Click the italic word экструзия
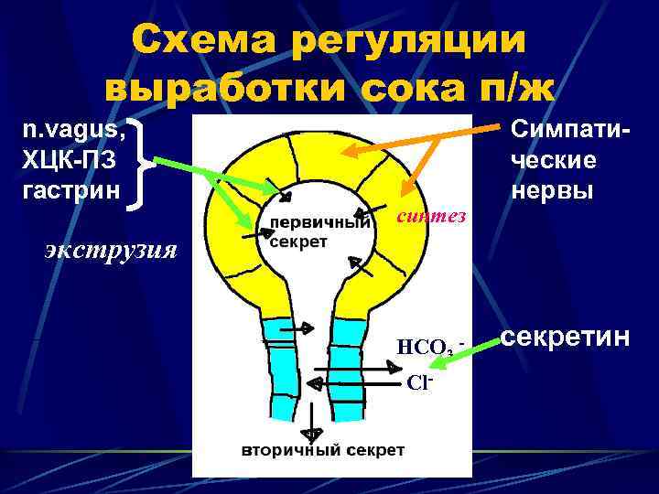(x=111, y=249)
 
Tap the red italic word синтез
(x=431, y=217)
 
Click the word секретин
(x=567, y=338)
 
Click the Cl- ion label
(x=419, y=381)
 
